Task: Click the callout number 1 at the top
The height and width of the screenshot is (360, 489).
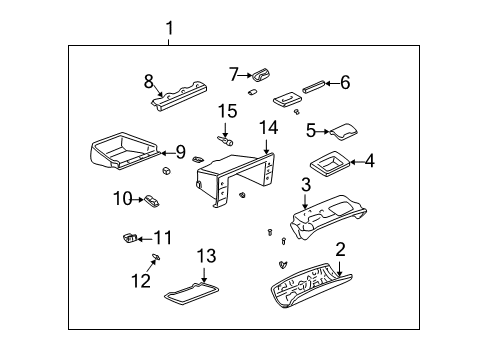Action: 169,28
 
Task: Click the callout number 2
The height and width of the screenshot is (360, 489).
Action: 340,249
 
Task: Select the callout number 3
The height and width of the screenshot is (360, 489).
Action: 306,185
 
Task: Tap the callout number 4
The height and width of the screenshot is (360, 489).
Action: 369,160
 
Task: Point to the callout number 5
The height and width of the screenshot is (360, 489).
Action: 311,130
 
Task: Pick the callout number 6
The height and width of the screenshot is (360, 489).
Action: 345,83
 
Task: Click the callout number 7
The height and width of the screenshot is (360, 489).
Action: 234,73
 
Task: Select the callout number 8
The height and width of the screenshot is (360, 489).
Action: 149,81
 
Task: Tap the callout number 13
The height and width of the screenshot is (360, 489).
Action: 205,257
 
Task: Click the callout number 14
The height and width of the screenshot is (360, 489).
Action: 267,127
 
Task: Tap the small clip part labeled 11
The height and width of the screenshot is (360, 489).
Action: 128,237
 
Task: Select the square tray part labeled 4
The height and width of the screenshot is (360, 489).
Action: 328,160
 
